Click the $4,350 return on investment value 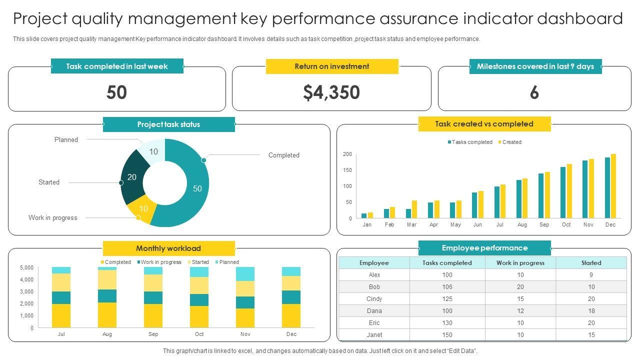331,92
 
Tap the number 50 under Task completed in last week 116,92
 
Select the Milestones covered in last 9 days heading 535,66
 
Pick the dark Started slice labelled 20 133,177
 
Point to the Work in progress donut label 53,217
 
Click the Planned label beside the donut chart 66,139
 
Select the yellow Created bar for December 613,186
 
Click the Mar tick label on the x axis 411,224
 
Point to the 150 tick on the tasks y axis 347,170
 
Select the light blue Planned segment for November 245,274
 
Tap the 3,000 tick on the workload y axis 26,291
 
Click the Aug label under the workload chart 107,334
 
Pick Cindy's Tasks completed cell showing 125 447,298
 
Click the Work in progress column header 520,262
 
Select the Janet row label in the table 374,334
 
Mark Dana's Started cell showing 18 591,310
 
